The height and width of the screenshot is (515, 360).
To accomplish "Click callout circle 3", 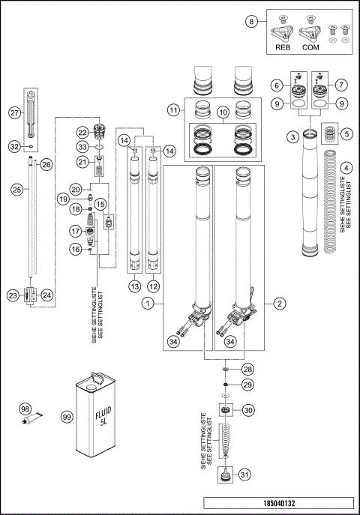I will (290, 136).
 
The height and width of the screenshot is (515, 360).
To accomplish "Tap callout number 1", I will (149, 303).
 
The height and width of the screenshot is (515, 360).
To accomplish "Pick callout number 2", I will (279, 303).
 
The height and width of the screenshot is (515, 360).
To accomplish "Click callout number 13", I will (134, 287).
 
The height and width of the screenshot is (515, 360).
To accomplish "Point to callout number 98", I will (25, 409).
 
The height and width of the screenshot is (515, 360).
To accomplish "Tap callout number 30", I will (248, 409).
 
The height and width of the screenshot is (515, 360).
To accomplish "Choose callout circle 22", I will (82, 132).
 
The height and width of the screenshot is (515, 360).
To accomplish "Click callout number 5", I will (346, 134).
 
